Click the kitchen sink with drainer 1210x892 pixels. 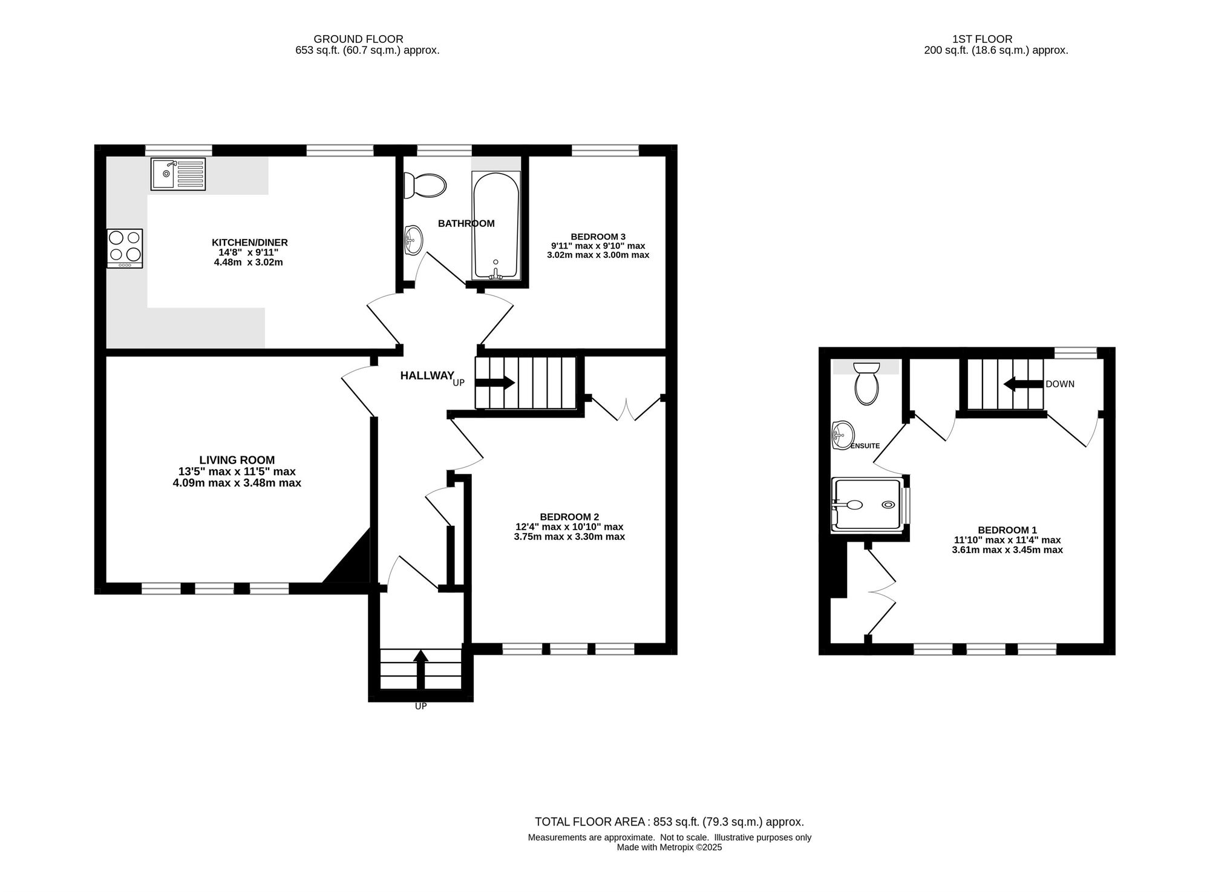(178, 174)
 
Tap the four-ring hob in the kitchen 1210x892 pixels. (125, 248)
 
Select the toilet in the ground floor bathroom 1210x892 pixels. (424, 185)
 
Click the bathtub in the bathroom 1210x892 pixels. (495, 226)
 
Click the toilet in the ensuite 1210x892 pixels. (866, 383)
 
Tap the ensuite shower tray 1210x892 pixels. (868, 505)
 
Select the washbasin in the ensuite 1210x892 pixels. (842, 435)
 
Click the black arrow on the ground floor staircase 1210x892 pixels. (495, 382)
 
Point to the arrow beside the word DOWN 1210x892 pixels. (1023, 384)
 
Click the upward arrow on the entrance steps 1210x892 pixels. (420, 669)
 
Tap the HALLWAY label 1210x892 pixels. (427, 376)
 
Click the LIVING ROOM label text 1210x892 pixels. (237, 460)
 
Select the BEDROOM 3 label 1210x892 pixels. (598, 237)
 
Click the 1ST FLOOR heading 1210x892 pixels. (990, 39)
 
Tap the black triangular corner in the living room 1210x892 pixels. (352, 560)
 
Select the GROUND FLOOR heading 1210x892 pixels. (358, 39)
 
